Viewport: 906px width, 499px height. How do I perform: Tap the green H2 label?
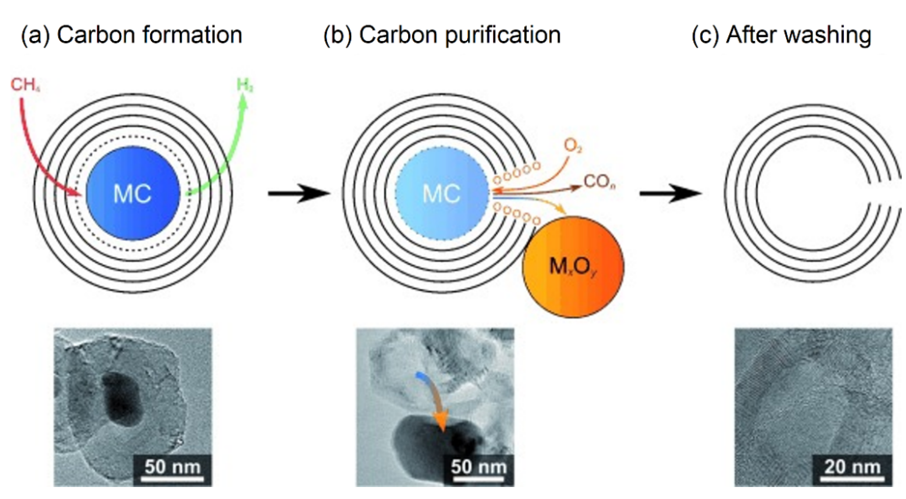pyautogui.click(x=245, y=86)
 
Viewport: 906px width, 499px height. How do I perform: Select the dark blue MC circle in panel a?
pyautogui.click(x=133, y=193)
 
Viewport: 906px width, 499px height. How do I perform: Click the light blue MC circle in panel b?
pyautogui.click(x=441, y=193)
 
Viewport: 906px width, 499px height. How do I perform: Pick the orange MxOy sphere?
pyautogui.click(x=573, y=267)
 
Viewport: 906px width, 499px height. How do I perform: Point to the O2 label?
pyautogui.click(x=573, y=146)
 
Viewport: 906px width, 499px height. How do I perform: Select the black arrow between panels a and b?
pyautogui.click(x=299, y=193)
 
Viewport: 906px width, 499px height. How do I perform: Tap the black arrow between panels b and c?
pyautogui.click(x=670, y=193)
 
